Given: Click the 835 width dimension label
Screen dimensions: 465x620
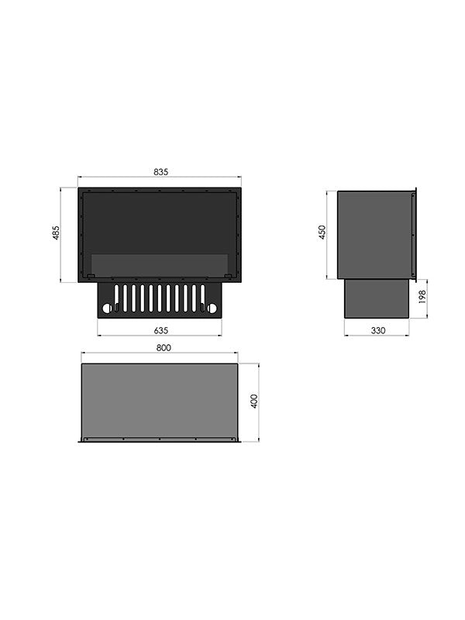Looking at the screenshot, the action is click(x=161, y=172).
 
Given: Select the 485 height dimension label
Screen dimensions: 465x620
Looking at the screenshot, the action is click(x=56, y=232).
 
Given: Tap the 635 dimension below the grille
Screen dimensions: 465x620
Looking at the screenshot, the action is click(x=161, y=331).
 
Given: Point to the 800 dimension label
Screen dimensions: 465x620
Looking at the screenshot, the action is click(x=164, y=348).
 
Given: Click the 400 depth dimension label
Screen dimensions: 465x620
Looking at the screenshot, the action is click(x=254, y=401).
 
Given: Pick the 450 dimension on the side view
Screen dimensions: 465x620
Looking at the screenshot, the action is click(x=322, y=232).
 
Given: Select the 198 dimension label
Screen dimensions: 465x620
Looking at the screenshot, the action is click(x=422, y=297).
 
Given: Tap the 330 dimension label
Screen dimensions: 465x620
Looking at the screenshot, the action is click(x=378, y=331).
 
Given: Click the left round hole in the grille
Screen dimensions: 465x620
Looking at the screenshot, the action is click(x=107, y=308).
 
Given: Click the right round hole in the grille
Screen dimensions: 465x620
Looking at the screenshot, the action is click(x=212, y=308).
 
